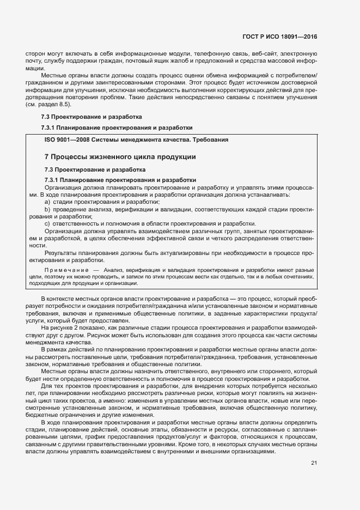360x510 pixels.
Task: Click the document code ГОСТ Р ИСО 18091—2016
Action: (280, 37)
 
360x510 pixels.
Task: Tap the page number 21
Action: (314, 463)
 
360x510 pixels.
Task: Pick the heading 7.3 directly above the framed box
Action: (91, 117)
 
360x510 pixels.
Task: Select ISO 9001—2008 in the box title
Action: (67, 139)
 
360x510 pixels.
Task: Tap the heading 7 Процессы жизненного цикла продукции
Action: (120, 157)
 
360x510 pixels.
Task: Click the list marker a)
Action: (47, 202)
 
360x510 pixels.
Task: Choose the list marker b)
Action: (47, 209)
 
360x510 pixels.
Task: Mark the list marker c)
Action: (47, 223)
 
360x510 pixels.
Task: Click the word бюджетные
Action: (41, 414)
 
